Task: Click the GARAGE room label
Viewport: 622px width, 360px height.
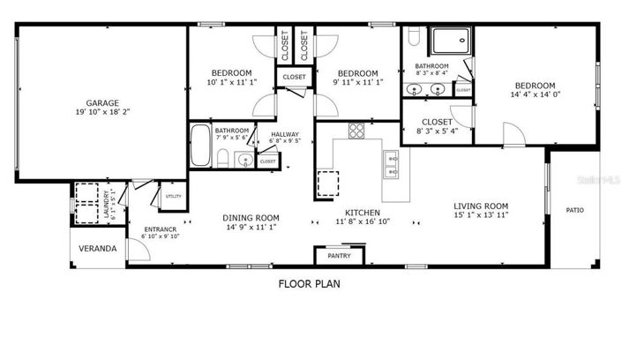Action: [102, 102]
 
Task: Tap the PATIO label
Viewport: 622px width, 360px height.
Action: [574, 210]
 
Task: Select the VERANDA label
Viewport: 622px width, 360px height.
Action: [98, 249]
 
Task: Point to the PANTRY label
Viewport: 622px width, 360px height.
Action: [339, 256]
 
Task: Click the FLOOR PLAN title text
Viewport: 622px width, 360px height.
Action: [309, 284]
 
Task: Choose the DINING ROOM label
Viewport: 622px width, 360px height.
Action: [251, 218]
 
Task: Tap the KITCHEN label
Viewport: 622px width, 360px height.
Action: [362, 213]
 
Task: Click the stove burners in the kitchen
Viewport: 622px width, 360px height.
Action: [356, 131]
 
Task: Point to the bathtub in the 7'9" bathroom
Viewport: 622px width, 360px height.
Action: [200, 146]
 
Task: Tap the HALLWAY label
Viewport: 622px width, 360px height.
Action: [285, 134]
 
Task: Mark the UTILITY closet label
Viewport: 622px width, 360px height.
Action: [173, 196]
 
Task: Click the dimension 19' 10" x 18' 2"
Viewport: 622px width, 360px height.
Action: [102, 112]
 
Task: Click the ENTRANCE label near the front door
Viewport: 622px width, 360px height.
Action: [161, 230]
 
